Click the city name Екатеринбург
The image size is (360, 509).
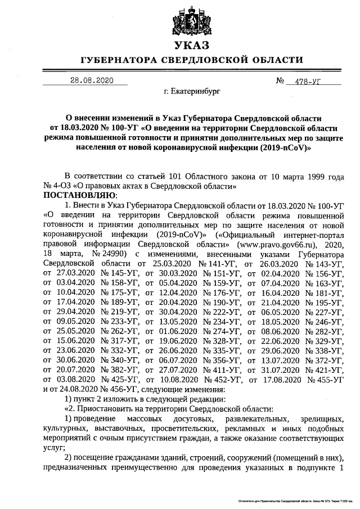tap(192, 90)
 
